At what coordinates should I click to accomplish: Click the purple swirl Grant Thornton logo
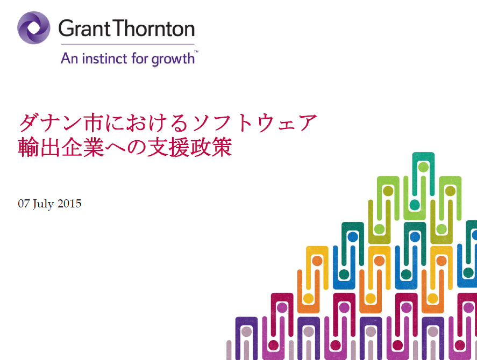[34, 27]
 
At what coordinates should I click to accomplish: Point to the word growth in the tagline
[173, 59]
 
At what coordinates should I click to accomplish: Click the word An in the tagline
[70, 58]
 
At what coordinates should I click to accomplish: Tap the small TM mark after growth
[196, 52]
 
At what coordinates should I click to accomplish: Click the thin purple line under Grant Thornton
[127, 45]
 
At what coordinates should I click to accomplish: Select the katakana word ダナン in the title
[51, 123]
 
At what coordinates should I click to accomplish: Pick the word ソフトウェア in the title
[254, 123]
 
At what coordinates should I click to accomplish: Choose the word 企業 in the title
[83, 147]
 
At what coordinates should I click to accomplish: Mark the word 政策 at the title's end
[211, 147]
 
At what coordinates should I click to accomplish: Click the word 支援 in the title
[168, 147]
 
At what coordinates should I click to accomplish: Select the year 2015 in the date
[69, 204]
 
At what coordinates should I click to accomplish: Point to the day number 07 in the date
[24, 204]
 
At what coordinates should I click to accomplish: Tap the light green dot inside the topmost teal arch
[423, 167]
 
